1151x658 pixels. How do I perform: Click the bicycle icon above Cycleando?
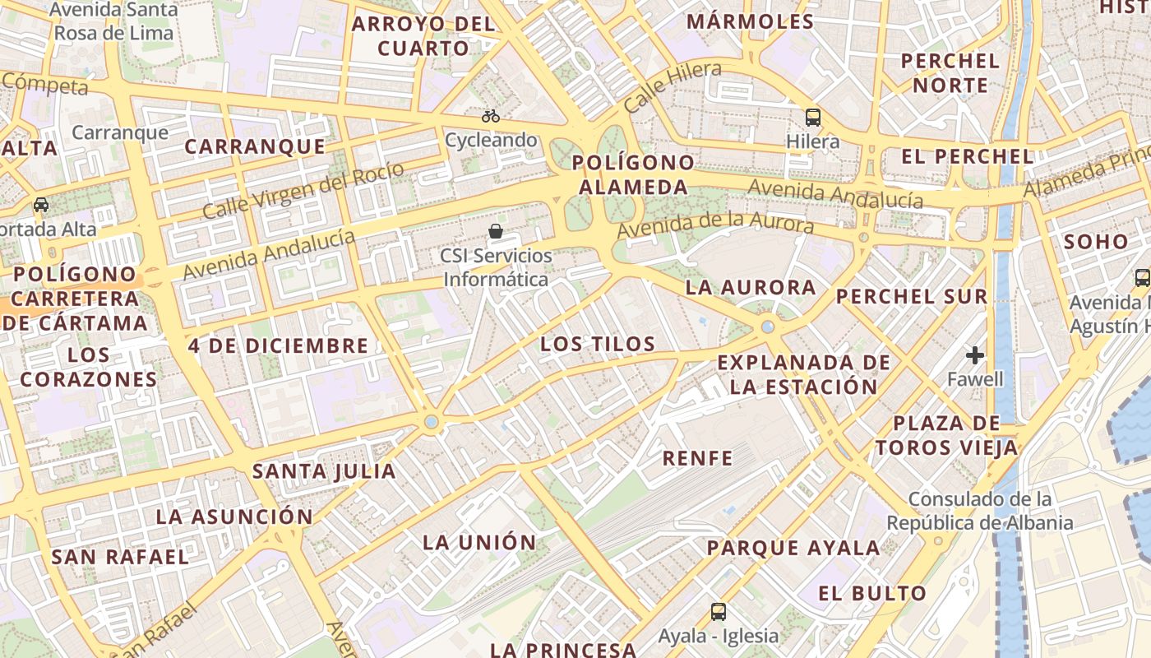pyautogui.click(x=491, y=116)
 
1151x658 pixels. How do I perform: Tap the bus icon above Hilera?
pyautogui.click(x=813, y=118)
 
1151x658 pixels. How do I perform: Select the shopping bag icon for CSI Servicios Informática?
pyautogui.click(x=496, y=231)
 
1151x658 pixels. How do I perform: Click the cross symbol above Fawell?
pyautogui.click(x=975, y=355)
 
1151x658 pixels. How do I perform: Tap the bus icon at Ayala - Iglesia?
pyautogui.click(x=719, y=611)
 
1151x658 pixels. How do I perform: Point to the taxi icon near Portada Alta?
pyautogui.click(x=40, y=204)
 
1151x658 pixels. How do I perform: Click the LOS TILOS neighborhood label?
pyautogui.click(x=598, y=344)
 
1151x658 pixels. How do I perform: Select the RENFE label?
pyautogui.click(x=697, y=458)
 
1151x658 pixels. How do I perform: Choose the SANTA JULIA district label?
pyautogui.click(x=324, y=471)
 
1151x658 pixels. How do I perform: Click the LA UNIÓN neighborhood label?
pyautogui.click(x=479, y=542)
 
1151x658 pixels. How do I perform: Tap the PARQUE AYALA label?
pyautogui.click(x=793, y=548)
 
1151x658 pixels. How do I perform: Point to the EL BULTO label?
pyautogui.click(x=872, y=593)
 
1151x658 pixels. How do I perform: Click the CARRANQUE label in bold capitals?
pyautogui.click(x=255, y=146)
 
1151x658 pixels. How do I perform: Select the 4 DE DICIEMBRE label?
pyautogui.click(x=278, y=345)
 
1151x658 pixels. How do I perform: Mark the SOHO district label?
pyautogui.click(x=1096, y=242)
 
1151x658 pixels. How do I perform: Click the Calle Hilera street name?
pyautogui.click(x=672, y=86)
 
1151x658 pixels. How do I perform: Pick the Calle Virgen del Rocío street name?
pyautogui.click(x=303, y=190)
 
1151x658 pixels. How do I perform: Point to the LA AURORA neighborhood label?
pyautogui.click(x=751, y=287)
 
